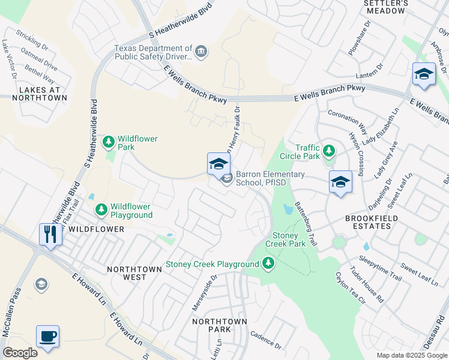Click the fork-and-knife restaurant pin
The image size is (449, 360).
(49, 234)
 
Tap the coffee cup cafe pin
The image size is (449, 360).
(47, 336)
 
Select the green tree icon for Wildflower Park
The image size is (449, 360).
(109, 142)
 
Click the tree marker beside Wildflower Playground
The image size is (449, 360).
(101, 209)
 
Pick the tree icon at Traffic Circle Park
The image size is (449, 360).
(328, 150)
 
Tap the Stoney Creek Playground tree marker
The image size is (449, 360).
(268, 263)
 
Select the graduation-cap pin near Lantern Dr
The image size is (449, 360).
(424, 74)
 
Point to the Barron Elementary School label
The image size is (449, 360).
(270, 178)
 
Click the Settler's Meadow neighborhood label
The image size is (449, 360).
(387, 7)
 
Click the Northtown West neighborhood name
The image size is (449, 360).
(134, 274)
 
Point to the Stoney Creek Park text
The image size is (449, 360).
(285, 240)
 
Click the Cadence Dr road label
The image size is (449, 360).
(267, 341)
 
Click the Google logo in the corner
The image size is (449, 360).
(20, 353)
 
